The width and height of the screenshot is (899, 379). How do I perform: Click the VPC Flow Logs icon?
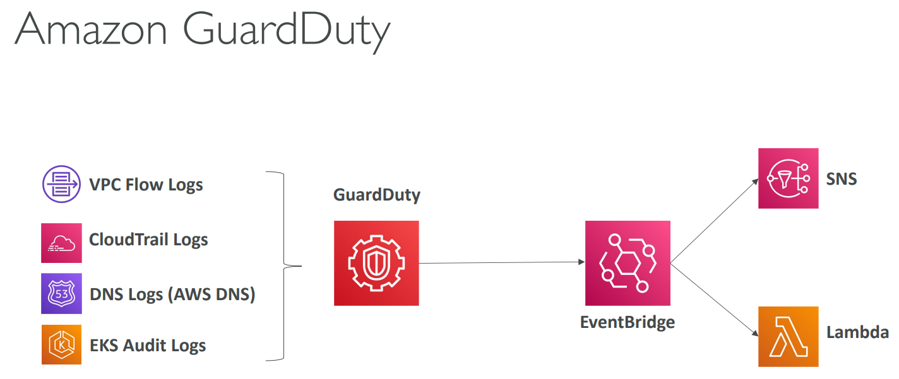(61, 185)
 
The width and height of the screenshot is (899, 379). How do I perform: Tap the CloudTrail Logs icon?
(61, 243)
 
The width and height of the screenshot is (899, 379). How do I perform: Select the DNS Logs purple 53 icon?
(61, 294)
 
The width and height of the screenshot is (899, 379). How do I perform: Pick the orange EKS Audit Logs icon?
(61, 345)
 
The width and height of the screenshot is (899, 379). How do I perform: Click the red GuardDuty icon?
(376, 263)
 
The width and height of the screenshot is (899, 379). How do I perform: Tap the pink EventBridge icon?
(628, 263)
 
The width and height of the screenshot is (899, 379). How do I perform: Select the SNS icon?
(788, 178)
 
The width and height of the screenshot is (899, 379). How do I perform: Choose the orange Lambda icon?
(788, 337)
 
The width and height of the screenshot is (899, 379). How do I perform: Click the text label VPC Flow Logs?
(146, 185)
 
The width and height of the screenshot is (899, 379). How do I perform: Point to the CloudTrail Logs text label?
(148, 240)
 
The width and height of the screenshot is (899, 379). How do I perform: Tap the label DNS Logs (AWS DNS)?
(172, 294)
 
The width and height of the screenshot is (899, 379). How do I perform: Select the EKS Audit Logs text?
(148, 346)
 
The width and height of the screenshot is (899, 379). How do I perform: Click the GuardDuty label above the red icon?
(376, 195)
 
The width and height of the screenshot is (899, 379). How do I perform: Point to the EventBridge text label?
(628, 322)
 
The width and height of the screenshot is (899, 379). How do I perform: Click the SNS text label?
(842, 179)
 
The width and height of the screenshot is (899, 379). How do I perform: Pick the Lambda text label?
(857, 333)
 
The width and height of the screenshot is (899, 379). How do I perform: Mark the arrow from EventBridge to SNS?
(714, 220)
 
